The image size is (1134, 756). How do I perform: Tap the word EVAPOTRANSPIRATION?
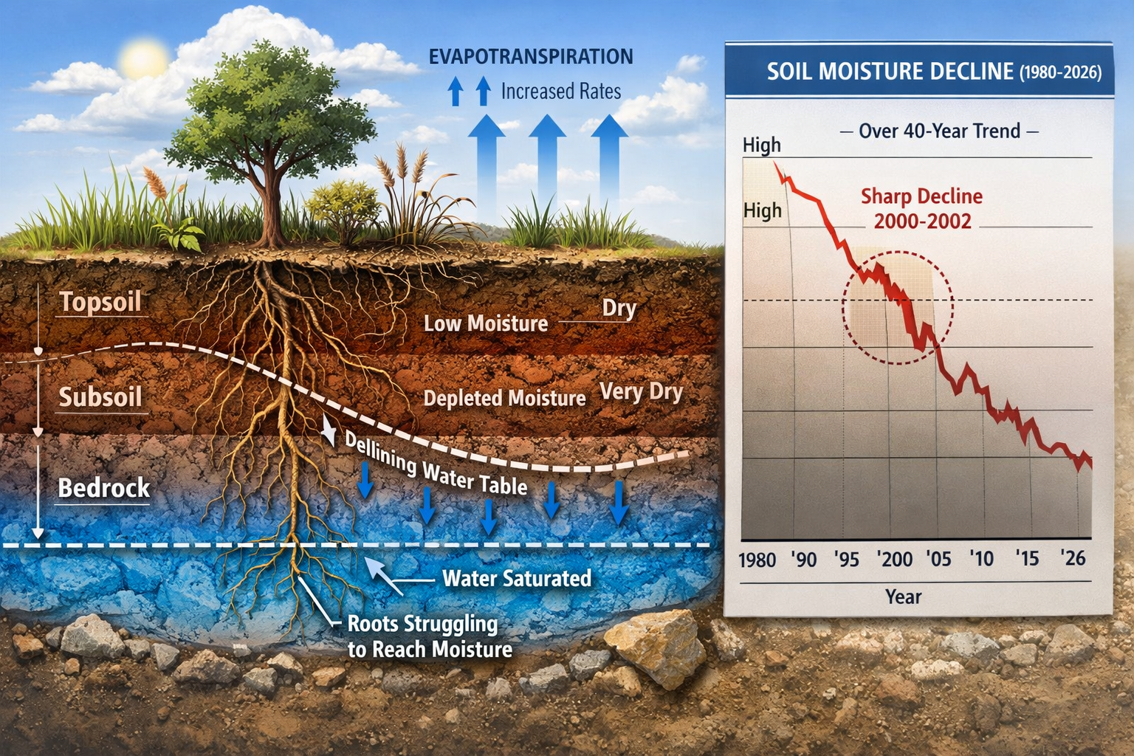coord(530,57)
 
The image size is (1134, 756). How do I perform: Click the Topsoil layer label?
coord(100,302)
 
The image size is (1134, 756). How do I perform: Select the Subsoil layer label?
coord(100,397)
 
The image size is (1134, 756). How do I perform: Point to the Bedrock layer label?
coord(103,488)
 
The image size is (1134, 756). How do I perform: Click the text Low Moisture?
coord(485,323)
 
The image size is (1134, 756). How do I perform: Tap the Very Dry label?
coord(641,391)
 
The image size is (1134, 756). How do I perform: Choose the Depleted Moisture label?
coord(504,399)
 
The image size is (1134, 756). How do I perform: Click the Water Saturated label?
coord(516,578)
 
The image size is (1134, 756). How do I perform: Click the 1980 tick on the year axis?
coord(757,560)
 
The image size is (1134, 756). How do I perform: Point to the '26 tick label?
coord(1072,558)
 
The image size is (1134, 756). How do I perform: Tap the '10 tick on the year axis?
coord(981,559)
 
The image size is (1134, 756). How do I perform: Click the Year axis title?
coord(903,597)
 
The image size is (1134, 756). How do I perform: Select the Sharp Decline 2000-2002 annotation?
coord(921,209)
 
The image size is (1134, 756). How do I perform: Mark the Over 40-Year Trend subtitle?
coord(939,131)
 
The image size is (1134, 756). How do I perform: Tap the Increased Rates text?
coord(560,92)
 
